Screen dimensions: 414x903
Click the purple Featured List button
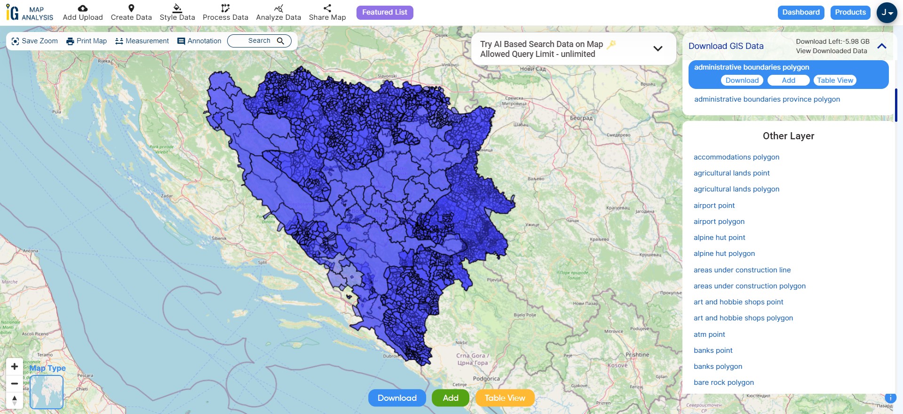[384, 13]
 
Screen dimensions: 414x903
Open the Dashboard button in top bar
[800, 13]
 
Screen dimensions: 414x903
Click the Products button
[850, 13]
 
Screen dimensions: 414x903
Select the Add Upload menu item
[83, 13]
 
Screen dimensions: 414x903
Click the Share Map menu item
[327, 13]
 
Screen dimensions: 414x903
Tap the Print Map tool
[87, 41]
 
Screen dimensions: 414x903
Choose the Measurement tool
[142, 41]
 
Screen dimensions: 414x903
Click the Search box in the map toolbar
[259, 41]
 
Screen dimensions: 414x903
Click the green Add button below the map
[450, 398]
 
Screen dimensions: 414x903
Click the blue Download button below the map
[396, 398]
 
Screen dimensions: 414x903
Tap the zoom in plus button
[15, 366]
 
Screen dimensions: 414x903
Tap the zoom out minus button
[15, 383]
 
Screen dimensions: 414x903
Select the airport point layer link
[714, 206]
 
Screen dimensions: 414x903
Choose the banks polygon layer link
[718, 366]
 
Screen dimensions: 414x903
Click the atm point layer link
[709, 334]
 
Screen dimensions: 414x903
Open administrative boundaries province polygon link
[767, 99]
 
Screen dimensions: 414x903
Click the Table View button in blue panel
[835, 80]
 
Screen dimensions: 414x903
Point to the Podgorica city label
[486, 379]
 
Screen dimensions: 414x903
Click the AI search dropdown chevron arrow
[658, 48]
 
